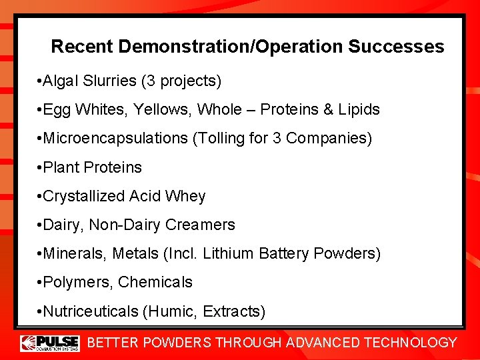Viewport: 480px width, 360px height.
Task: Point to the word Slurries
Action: point(111,81)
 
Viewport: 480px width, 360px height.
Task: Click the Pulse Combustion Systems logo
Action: point(50,343)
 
